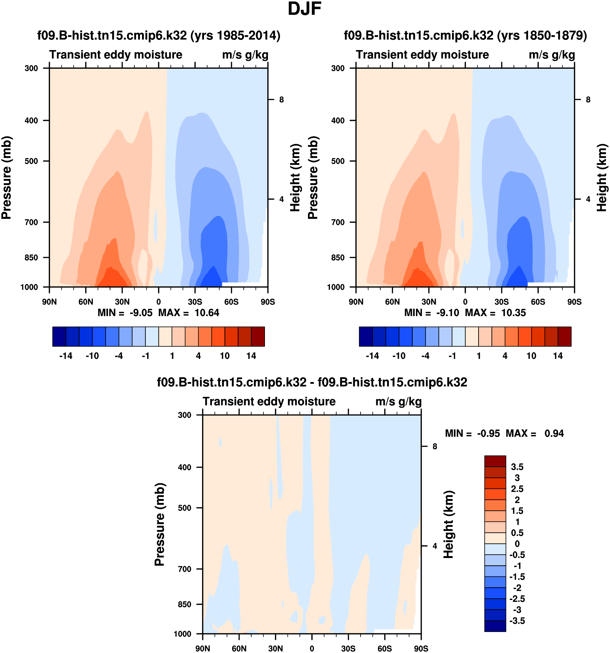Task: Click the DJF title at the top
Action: pyautogui.click(x=304, y=9)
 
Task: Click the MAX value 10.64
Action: pyautogui.click(x=206, y=313)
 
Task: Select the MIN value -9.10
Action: pyautogui.click(x=447, y=313)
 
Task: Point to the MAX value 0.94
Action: pyautogui.click(x=554, y=434)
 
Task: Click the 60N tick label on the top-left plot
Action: pyautogui.click(x=86, y=302)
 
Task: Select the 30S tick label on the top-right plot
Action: pyautogui.click(x=501, y=302)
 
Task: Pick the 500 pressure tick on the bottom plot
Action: pyautogui.click(x=185, y=508)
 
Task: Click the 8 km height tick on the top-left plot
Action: pyautogui.click(x=281, y=100)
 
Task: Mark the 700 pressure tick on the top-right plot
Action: pyautogui.click(x=338, y=222)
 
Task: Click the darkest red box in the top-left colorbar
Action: pyautogui.click(x=258, y=336)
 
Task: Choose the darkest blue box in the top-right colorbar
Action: pyautogui.click(x=366, y=336)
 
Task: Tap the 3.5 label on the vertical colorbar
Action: pyautogui.click(x=517, y=467)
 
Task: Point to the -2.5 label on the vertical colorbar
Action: pyautogui.click(x=517, y=599)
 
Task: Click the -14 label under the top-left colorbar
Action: pyautogui.click(x=66, y=356)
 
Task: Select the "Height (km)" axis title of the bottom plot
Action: pyautogui.click(x=448, y=524)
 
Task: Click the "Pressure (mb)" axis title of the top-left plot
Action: pyautogui.click(x=6, y=177)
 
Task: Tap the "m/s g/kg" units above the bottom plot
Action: pyautogui.click(x=398, y=402)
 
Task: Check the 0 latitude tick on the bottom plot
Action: pyautogui.click(x=312, y=648)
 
